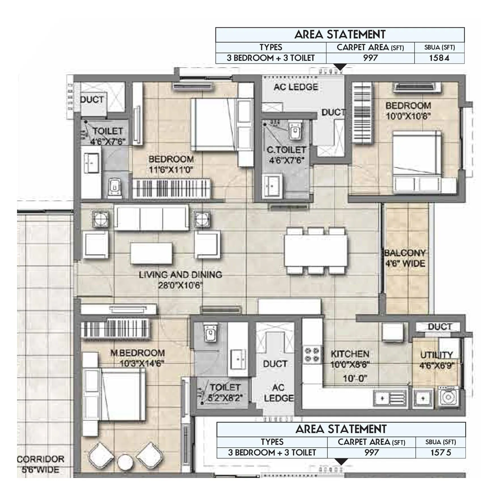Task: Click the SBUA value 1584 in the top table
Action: tap(439, 58)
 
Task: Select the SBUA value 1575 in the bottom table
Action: tap(440, 452)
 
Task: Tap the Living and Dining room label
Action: tap(180, 275)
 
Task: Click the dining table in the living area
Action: tap(316, 251)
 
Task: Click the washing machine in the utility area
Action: tap(448, 397)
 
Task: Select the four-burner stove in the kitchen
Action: tap(312, 355)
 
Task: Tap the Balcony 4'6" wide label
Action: tap(405, 258)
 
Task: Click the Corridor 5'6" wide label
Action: tap(41, 464)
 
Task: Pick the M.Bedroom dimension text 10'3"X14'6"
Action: tap(142, 364)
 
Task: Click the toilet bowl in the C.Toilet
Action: tap(295, 130)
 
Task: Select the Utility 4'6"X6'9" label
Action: tap(437, 360)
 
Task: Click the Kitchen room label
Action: tap(350, 354)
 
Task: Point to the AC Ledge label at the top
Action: tap(296, 87)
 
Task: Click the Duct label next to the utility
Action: tap(439, 327)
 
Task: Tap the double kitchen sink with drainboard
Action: tap(390, 398)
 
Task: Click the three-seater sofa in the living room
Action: tap(151, 218)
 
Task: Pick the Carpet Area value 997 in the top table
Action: tap(370, 58)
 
